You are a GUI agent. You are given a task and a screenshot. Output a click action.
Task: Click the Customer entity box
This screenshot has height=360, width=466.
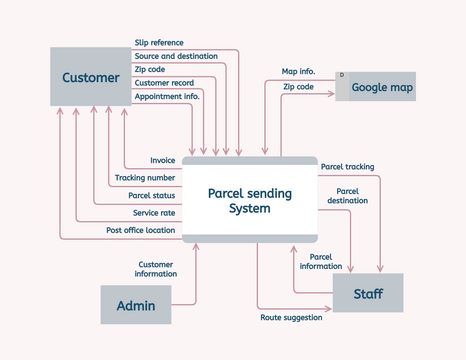click(90, 77)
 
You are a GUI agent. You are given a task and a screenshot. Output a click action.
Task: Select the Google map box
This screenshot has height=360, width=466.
click(375, 86)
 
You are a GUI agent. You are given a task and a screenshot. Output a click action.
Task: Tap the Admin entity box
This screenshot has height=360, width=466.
click(136, 305)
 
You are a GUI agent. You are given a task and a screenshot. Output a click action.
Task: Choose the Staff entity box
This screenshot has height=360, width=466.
click(369, 294)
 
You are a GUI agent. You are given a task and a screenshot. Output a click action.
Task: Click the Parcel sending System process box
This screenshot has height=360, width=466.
click(249, 200)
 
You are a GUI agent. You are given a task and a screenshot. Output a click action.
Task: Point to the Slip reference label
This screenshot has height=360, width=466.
click(159, 42)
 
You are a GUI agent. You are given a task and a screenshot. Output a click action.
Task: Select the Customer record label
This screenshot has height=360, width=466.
click(164, 83)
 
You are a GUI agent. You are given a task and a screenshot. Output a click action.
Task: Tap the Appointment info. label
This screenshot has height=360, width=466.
click(167, 97)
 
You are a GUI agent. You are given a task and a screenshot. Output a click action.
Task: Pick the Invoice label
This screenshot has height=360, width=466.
click(163, 160)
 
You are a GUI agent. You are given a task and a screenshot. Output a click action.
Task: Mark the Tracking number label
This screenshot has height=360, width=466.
click(145, 177)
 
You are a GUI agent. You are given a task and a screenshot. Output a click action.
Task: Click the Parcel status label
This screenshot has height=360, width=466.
click(152, 195)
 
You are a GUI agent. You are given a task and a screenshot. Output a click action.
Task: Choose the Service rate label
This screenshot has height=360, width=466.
click(154, 212)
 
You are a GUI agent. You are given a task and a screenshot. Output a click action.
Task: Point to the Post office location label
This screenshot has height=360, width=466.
click(141, 230)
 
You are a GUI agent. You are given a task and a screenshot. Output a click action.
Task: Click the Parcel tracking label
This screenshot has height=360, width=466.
click(347, 166)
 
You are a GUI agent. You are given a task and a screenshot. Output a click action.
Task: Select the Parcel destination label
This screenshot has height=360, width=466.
click(347, 195)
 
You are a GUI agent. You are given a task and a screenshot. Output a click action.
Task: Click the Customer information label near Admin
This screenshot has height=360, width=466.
click(157, 269)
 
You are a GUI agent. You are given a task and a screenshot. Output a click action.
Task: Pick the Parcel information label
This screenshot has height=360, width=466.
click(321, 261)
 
